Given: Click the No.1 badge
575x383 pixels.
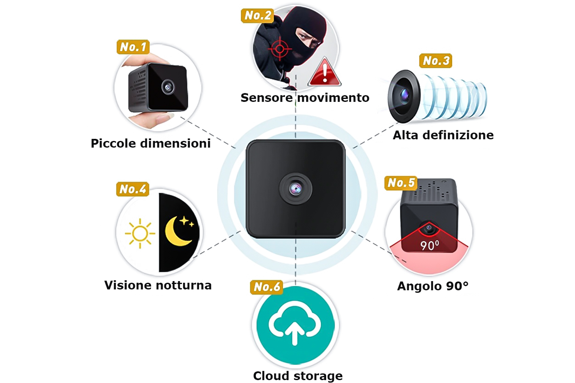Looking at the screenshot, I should [133, 47].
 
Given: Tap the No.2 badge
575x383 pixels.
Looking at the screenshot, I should [258, 16].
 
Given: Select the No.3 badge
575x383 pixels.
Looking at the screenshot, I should [436, 61].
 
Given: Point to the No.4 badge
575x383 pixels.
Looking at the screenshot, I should [133, 189].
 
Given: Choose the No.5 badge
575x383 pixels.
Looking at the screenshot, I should [401, 183].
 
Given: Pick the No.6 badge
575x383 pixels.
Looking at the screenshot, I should [267, 287].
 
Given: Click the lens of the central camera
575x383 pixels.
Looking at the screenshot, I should [295, 189].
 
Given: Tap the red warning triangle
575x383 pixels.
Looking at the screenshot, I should [324, 73].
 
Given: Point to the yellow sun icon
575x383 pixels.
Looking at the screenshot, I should [140, 233].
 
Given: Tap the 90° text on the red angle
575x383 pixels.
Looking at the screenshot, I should [430, 246].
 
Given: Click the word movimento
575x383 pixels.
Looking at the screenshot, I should [333, 98].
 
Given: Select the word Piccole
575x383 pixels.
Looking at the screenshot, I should [113, 143].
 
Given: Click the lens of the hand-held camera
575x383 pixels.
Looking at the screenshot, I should [168, 87].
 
